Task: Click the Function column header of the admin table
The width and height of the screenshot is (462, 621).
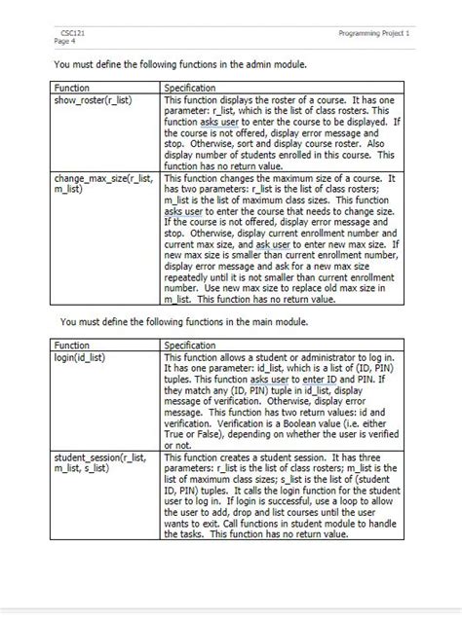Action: click(x=70, y=89)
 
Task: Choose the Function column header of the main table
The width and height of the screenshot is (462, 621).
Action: click(x=70, y=346)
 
